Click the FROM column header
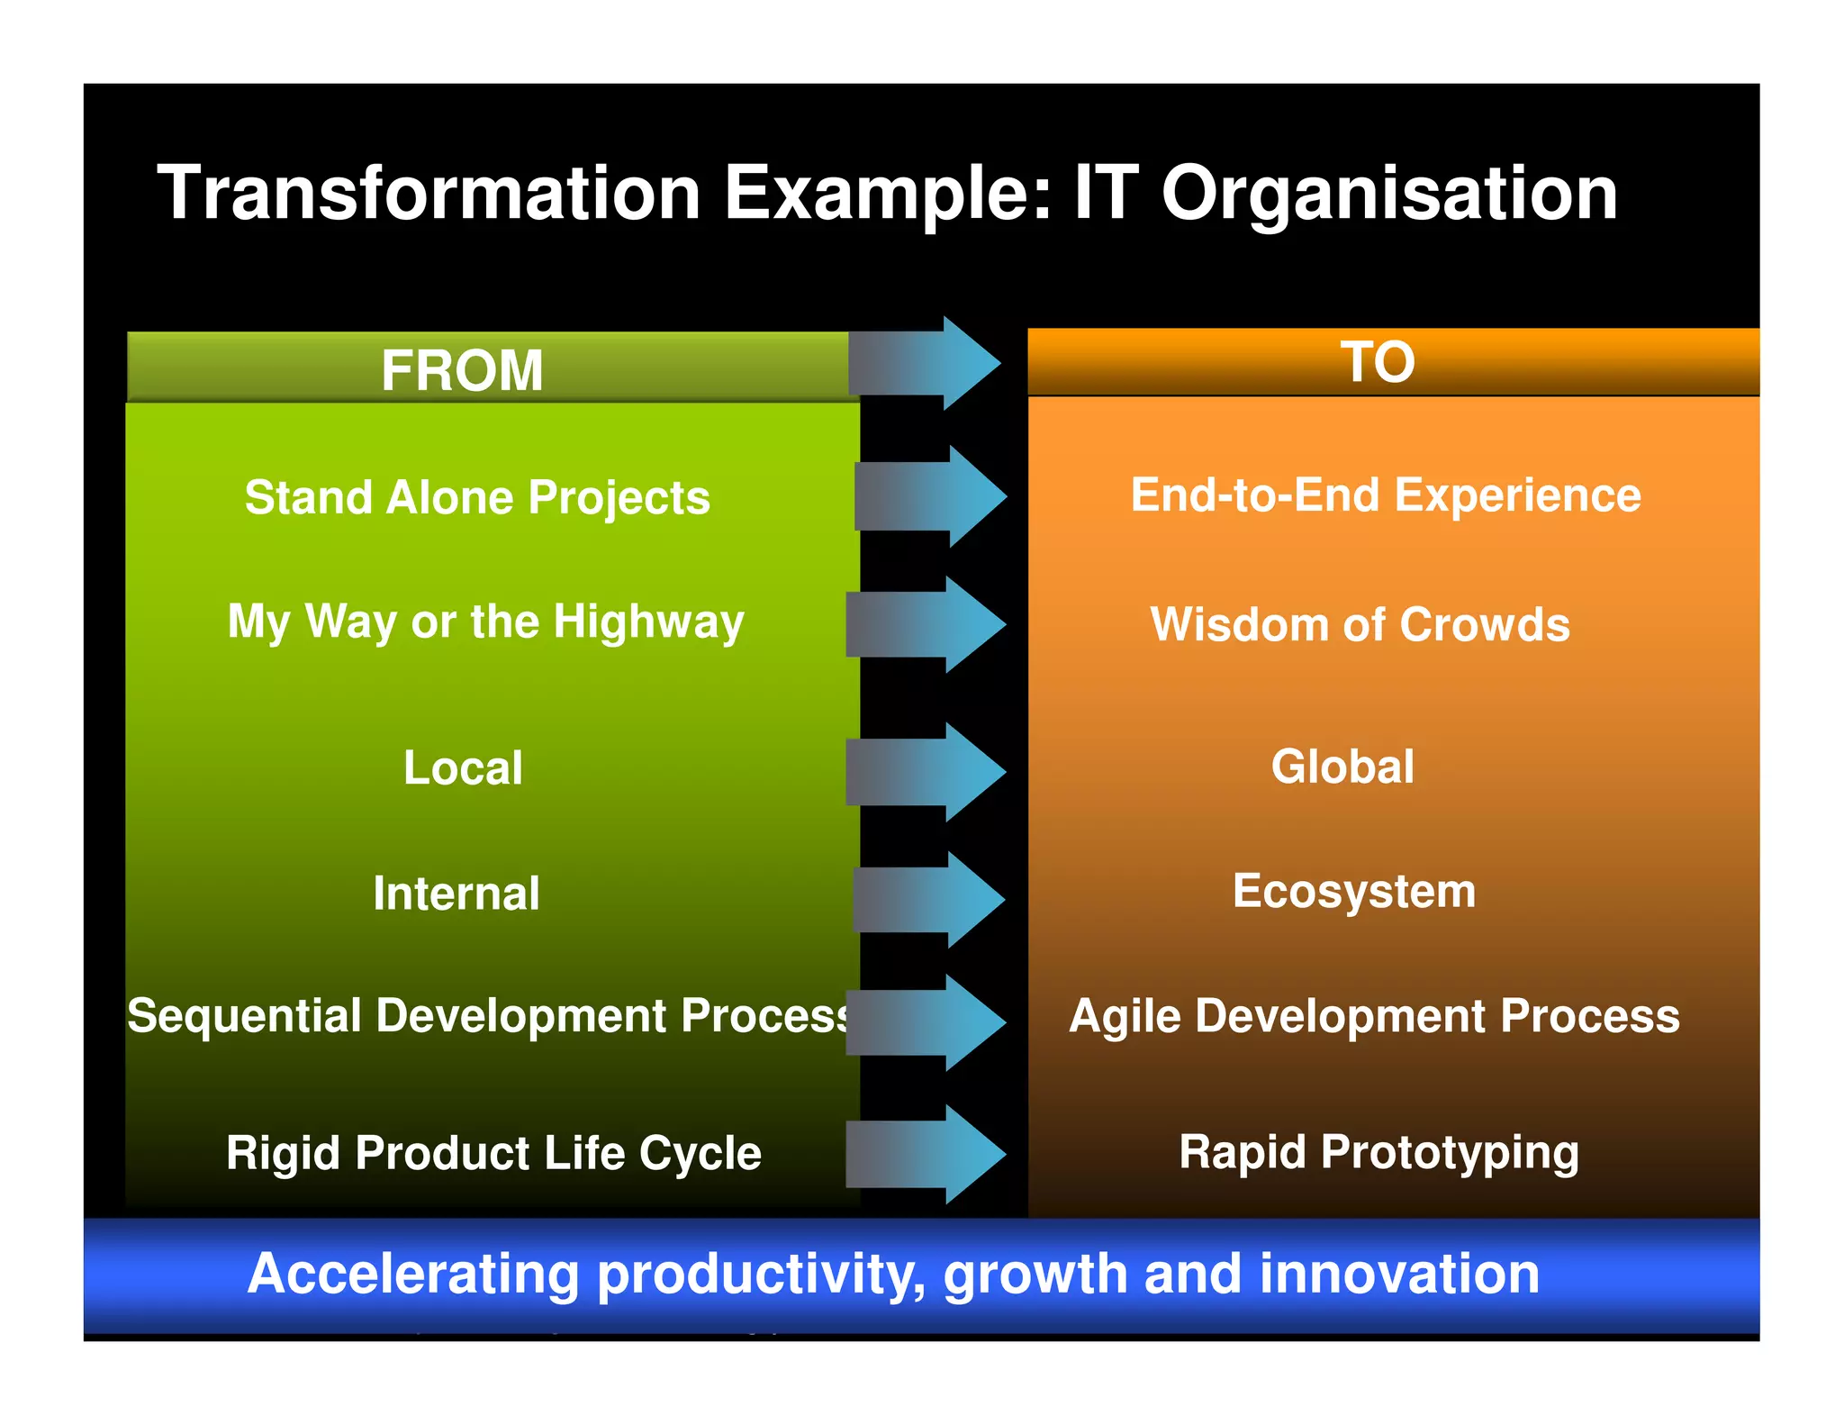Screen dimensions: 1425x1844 point(462,369)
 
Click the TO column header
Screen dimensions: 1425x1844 point(1378,362)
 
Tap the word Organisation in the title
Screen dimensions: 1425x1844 point(1389,195)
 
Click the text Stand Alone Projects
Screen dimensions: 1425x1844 point(477,497)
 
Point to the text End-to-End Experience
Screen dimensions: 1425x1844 point(1386,495)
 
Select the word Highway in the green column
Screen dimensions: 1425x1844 point(648,622)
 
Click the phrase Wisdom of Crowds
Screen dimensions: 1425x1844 point(1360,624)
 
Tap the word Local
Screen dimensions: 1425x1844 point(463,768)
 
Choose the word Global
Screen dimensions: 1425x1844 point(1342,767)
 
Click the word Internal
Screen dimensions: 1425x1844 point(456,894)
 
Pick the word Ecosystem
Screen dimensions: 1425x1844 point(1354,891)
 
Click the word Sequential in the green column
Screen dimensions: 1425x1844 point(244,1016)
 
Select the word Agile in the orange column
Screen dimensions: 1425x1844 point(1125,1017)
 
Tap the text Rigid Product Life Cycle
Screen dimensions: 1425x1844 point(493,1153)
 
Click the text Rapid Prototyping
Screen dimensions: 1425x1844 point(1378,1152)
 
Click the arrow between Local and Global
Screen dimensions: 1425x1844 point(926,772)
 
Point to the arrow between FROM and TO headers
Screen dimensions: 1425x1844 point(926,363)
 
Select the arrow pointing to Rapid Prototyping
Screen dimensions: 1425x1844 point(926,1155)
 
